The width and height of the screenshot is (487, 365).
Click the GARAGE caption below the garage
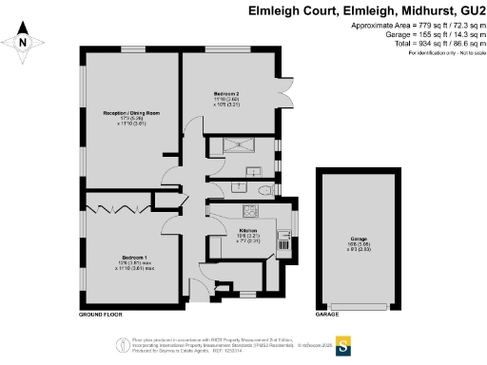click(327, 313)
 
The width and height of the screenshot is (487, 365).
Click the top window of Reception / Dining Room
click(129, 48)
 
